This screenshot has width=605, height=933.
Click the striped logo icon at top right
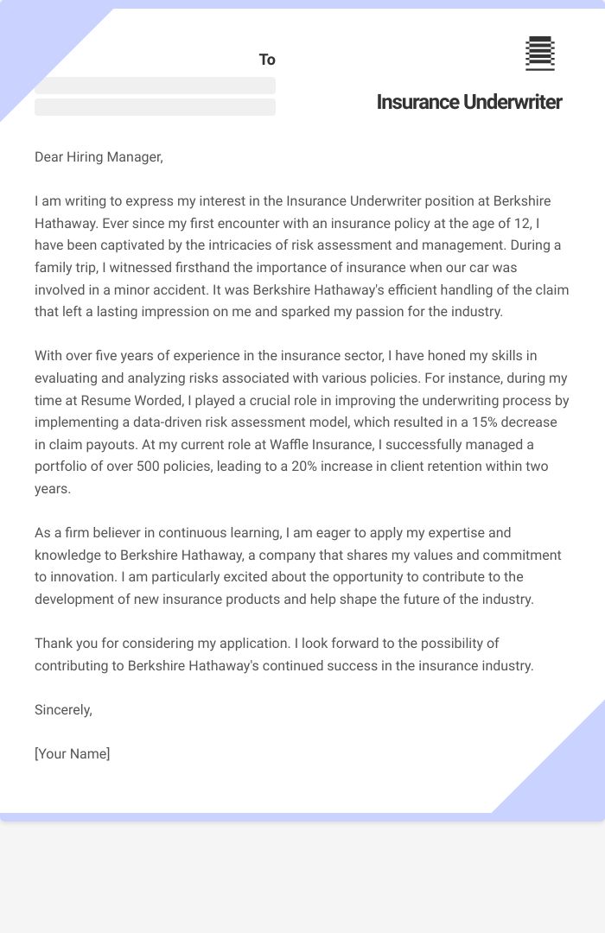(539, 54)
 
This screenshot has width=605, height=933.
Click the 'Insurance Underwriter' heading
(469, 102)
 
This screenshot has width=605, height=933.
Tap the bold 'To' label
(267, 60)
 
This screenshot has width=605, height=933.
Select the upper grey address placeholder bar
(155, 86)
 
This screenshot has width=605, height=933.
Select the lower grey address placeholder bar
(155, 107)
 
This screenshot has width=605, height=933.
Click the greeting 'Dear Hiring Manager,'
(99, 156)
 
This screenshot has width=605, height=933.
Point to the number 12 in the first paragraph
(529, 223)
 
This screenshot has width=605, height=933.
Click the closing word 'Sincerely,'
(63, 709)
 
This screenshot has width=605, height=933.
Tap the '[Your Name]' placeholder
(73, 753)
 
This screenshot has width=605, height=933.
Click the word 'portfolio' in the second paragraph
(61, 466)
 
